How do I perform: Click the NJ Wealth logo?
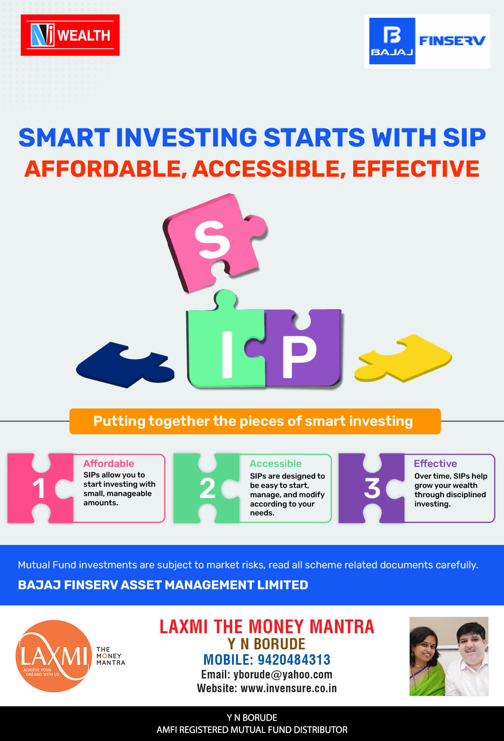point(70,35)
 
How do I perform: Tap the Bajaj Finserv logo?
point(427,41)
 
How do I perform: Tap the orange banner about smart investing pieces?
point(255,421)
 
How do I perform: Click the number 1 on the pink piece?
point(39,488)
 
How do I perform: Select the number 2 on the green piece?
point(207,488)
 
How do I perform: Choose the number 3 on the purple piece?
point(372,488)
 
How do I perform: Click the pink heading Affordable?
point(109,463)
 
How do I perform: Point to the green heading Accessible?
point(276,463)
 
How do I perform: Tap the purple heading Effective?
point(435,463)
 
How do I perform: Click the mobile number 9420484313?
point(294,659)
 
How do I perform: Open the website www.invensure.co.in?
point(289,688)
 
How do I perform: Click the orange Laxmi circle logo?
point(54,656)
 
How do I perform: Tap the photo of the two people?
point(449,656)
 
